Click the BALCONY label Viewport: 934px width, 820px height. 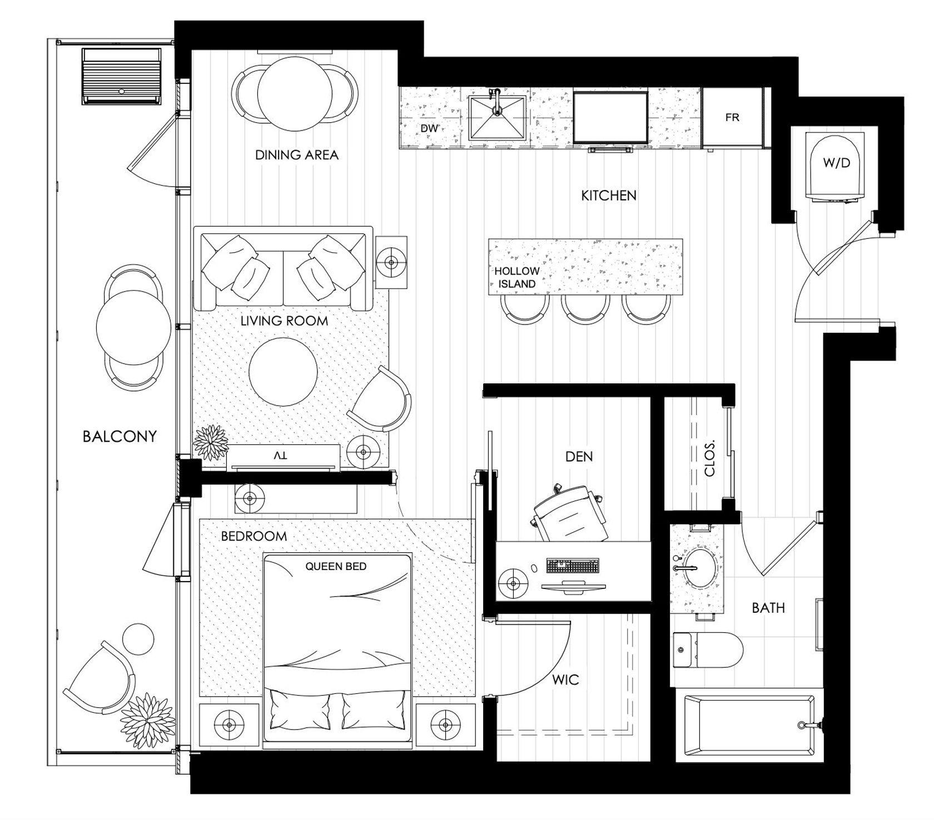click(120, 437)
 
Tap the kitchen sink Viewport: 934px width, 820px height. click(497, 117)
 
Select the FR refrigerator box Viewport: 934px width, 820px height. click(732, 118)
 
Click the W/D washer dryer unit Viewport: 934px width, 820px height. click(836, 167)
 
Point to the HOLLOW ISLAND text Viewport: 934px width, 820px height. click(517, 277)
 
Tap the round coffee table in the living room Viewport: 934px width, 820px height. click(283, 372)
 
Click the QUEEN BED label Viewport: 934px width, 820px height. click(336, 567)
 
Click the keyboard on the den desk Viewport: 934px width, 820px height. click(573, 566)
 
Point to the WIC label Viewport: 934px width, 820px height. click(566, 679)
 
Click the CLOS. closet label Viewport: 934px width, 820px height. click(709, 459)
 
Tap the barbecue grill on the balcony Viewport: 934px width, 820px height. click(122, 76)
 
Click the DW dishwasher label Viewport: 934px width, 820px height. click(429, 128)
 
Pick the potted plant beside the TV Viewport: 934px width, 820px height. click(211, 443)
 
